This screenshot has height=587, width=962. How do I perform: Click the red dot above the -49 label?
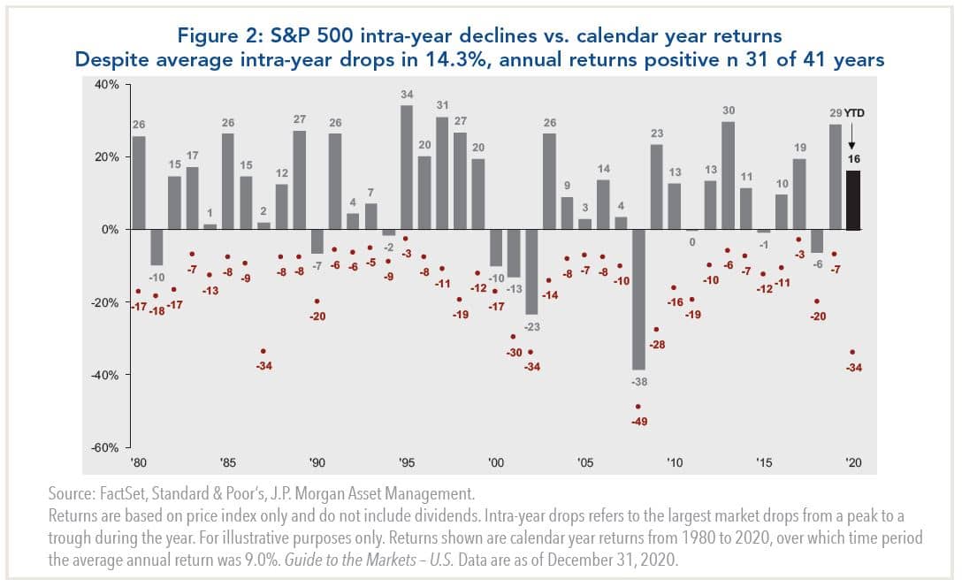(638, 407)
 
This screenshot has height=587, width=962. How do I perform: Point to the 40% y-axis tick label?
(108, 85)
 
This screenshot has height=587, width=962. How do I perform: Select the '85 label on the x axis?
(227, 462)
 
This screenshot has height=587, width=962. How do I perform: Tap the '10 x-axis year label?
(674, 462)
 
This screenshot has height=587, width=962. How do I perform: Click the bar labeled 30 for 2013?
(728, 176)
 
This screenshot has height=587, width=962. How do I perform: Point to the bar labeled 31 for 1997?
(442, 173)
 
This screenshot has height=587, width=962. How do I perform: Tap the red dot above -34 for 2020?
(851, 352)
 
